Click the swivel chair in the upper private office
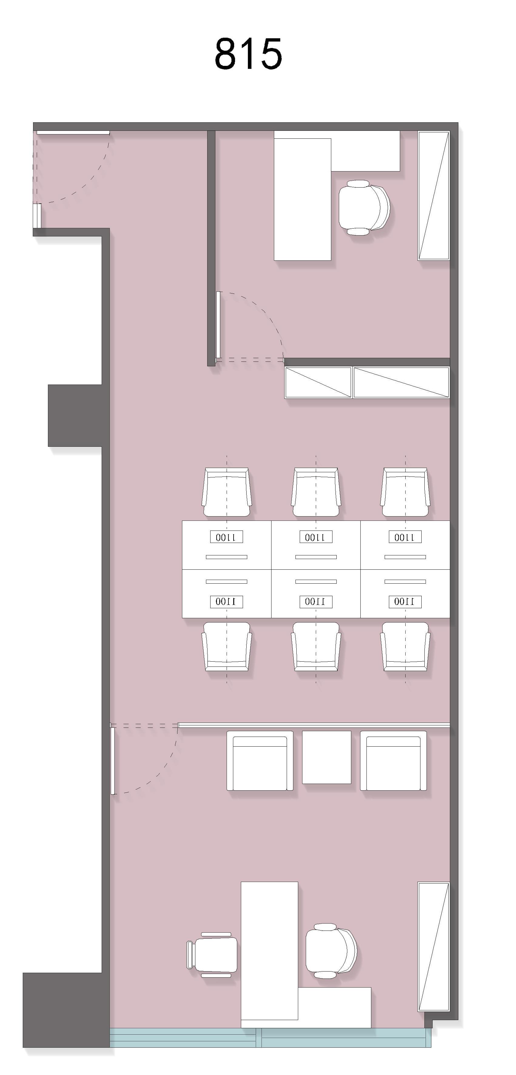[x=364, y=207]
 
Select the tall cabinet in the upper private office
[x=434, y=196]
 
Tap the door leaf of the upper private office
[x=218, y=325]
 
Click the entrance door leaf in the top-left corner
[x=73, y=133]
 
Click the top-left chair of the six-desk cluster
[x=227, y=492]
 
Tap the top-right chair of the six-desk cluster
[x=405, y=492]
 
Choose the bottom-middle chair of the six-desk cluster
[x=316, y=646]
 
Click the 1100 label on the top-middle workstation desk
[x=316, y=537]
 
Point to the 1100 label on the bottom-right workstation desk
[x=405, y=601]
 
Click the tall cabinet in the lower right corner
[x=434, y=946]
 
